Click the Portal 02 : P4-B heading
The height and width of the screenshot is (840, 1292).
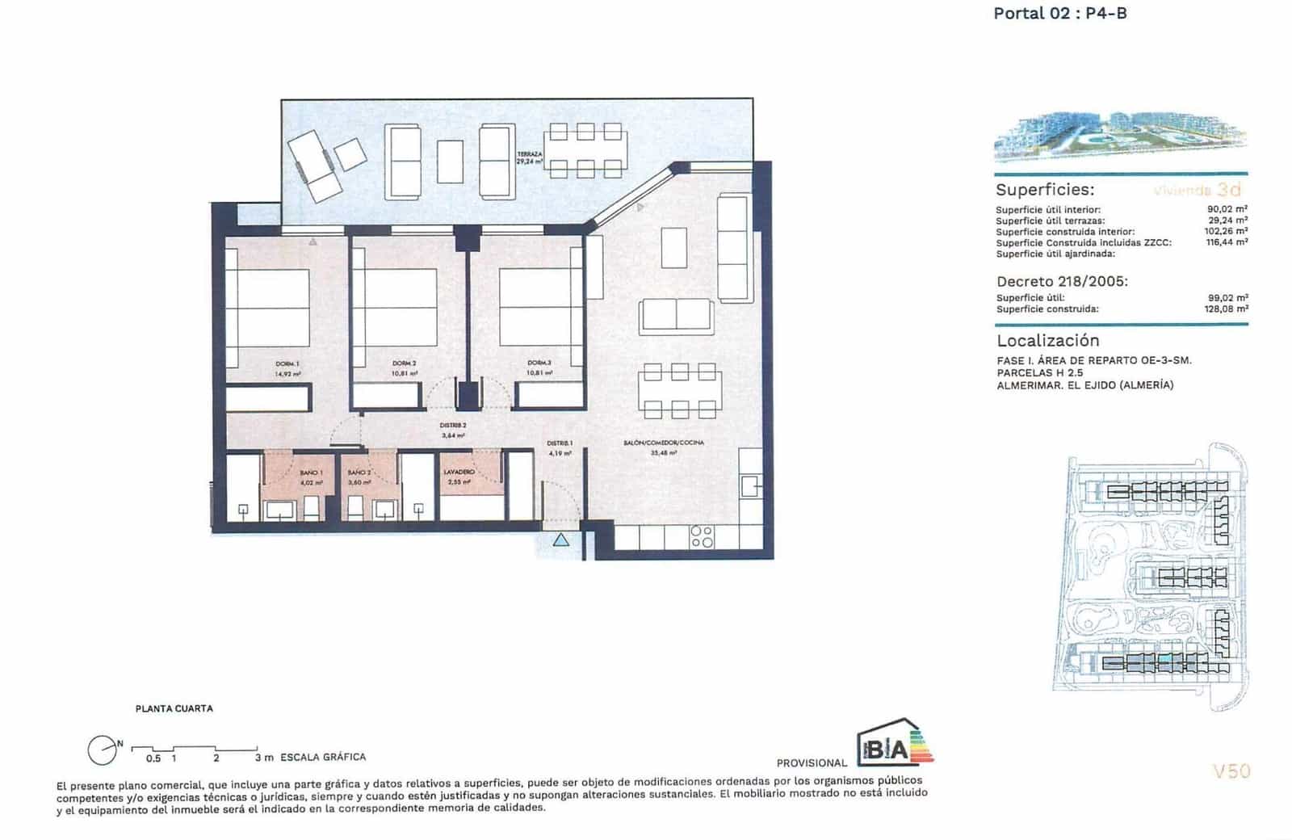point(1059,13)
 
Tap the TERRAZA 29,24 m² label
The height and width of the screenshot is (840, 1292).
point(530,157)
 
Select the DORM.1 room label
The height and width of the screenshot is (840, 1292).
point(287,368)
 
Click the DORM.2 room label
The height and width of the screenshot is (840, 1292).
point(404,368)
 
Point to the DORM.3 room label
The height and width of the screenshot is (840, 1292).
point(539,368)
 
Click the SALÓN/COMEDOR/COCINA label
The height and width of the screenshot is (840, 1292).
point(664,447)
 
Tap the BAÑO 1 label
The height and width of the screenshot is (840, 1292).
point(311,477)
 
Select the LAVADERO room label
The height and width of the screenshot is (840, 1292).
point(459,476)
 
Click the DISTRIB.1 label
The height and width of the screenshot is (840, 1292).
point(560,447)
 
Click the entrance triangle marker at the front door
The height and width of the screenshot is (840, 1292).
point(561,540)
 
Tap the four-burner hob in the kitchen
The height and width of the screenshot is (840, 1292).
point(702,537)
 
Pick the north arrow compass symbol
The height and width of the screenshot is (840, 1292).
point(103,750)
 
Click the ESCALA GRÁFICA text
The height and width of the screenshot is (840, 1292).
point(323,757)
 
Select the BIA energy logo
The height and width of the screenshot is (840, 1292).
point(894,743)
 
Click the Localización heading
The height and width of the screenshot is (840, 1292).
point(1047,340)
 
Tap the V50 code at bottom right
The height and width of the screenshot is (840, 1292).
point(1231,771)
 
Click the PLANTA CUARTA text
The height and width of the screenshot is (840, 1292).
point(174,708)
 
